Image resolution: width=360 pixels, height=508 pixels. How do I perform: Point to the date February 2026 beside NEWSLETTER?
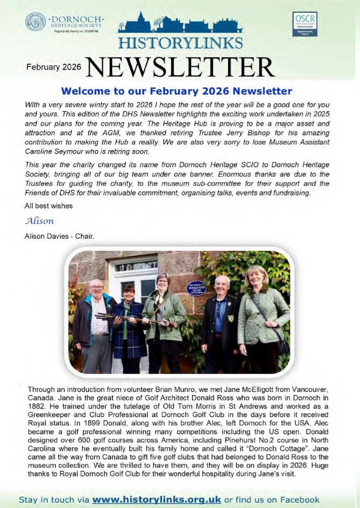54,67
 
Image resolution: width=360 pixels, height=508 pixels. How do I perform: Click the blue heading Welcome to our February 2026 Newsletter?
176,91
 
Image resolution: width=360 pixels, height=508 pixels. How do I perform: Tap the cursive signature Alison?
40,221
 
